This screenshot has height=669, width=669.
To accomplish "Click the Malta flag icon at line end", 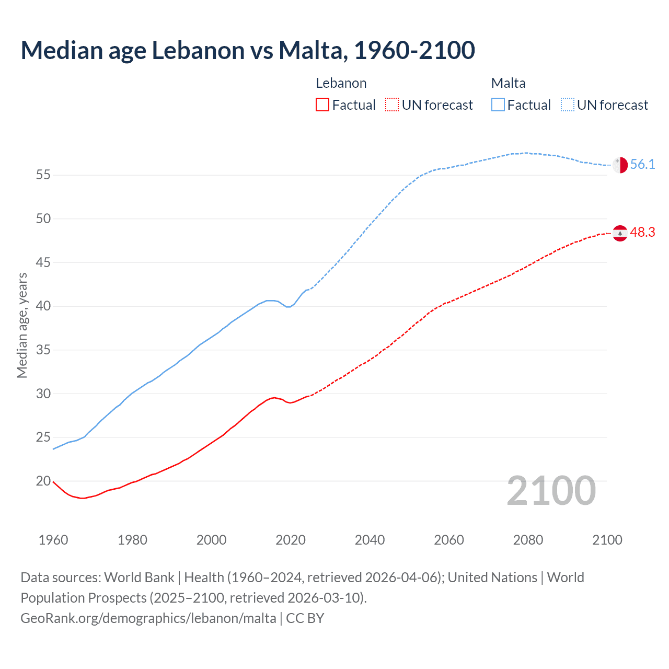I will [x=620, y=165].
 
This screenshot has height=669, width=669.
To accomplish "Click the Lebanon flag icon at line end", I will [x=620, y=233].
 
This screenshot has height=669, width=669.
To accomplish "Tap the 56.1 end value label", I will [x=642, y=165].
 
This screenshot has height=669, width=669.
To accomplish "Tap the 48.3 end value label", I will [x=642, y=233].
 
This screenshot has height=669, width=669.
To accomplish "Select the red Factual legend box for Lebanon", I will [x=322, y=105].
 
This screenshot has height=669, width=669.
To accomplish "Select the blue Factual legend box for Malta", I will [x=498, y=105].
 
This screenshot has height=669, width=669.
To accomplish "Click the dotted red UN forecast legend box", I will [x=392, y=105].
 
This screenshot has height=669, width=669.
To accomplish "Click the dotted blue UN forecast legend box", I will [x=568, y=105].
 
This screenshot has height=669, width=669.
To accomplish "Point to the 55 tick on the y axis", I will [x=43, y=175].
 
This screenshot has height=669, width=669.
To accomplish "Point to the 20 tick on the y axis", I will [x=43, y=481].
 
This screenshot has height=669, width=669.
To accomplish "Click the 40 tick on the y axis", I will [x=43, y=306].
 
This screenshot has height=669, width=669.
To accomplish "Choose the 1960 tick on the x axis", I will [x=53, y=540].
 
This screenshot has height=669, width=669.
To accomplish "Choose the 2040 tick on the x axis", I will [x=370, y=540].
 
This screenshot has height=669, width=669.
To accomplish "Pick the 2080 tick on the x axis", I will [x=528, y=540].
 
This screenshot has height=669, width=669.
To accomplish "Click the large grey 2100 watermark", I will [x=551, y=491].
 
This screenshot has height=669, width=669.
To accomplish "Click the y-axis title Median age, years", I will [x=22, y=325].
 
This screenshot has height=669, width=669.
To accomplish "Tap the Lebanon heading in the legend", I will [x=341, y=83].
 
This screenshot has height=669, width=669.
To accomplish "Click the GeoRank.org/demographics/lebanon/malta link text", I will [x=148, y=618].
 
